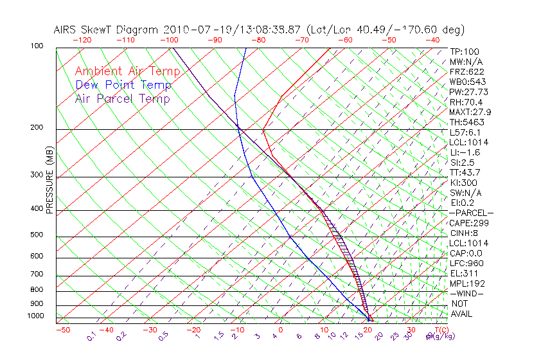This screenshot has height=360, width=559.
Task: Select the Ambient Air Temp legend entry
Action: pyautogui.click(x=127, y=71)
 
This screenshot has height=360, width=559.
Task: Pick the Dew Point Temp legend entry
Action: pyautogui.click(x=123, y=85)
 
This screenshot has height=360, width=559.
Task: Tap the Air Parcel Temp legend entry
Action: pyautogui.click(x=122, y=98)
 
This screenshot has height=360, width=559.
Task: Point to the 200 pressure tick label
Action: pyautogui.click(x=37, y=127)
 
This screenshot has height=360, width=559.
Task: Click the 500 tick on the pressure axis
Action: pyautogui.click(x=37, y=235)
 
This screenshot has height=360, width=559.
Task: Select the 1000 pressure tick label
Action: pyautogui.click(x=35, y=316)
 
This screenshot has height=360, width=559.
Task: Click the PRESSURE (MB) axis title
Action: pyautogui.click(x=49, y=184)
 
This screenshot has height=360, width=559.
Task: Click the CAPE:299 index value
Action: pyautogui.click(x=468, y=222)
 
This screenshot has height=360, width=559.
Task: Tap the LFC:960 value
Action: pyautogui.click(x=466, y=263)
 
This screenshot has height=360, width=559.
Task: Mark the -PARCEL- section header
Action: pyautogui.click(x=471, y=213)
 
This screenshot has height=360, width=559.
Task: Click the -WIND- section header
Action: pyautogui.click(x=466, y=293)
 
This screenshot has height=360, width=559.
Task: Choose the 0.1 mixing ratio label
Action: pyautogui.click(x=91, y=335)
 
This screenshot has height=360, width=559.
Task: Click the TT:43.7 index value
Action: pyautogui.click(x=465, y=172)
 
